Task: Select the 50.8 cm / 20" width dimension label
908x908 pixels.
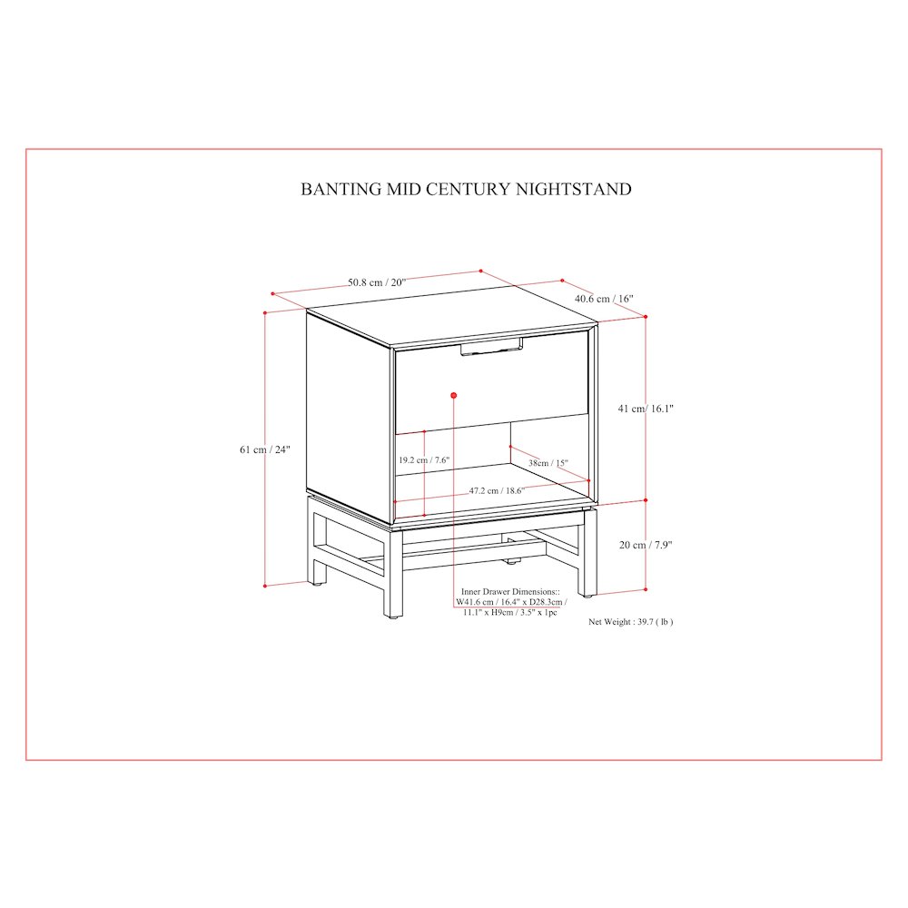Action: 377,282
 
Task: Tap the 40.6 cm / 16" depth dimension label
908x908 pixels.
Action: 604,299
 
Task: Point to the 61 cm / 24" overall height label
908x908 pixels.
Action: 264,449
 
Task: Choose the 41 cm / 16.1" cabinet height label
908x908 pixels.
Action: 646,409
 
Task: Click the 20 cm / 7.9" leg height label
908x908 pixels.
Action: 645,545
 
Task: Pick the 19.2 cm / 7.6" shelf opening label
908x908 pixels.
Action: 424,460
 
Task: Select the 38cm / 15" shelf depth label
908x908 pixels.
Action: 548,463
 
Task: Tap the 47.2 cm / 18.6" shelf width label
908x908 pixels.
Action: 497,490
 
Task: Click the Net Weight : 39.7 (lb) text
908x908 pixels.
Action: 631,622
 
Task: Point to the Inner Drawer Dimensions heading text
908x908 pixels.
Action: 510,592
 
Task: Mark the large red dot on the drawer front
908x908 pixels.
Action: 454,396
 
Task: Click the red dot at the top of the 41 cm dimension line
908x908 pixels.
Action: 646,317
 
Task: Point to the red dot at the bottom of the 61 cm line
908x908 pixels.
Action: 265,586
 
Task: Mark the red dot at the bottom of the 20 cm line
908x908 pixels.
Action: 646,589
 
